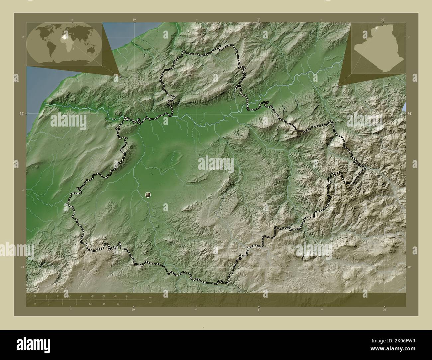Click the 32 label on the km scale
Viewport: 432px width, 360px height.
[127, 296]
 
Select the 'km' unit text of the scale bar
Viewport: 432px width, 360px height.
[150, 297]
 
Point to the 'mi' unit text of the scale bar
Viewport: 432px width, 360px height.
[150, 302]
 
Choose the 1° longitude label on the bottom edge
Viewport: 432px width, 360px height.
[259, 310]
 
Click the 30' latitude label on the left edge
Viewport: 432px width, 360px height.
[22, 267]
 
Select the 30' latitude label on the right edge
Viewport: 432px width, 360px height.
[410, 267]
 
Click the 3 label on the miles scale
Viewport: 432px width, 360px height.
[49, 304]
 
